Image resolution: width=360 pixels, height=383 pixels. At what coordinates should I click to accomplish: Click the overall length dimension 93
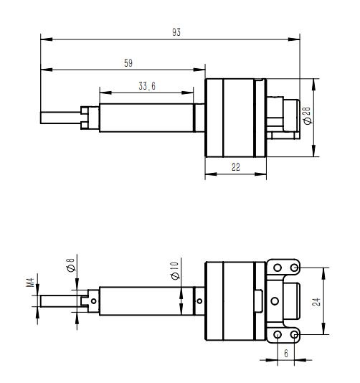pyautogui.click(x=176, y=32)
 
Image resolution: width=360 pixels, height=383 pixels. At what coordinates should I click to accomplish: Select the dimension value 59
pyautogui.click(x=128, y=63)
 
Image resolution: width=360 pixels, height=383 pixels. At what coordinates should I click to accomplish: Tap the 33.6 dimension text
pyautogui.click(x=147, y=86)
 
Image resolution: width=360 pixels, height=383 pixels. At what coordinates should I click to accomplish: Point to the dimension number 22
pyautogui.click(x=236, y=166)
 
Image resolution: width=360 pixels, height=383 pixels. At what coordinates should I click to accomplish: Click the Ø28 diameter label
pyautogui.click(x=307, y=116)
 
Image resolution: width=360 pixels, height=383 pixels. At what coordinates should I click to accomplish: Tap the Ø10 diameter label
pyautogui.click(x=175, y=271)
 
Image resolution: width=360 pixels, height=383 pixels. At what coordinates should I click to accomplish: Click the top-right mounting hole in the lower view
pyautogui.click(x=295, y=268)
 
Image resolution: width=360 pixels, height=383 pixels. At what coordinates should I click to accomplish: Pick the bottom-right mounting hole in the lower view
pyautogui.click(x=295, y=335)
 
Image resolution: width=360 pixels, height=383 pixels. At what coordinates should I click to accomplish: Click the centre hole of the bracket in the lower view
pyautogui.click(x=273, y=301)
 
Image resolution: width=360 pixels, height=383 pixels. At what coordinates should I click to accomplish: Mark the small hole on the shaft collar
pyautogui.click(x=199, y=301)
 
